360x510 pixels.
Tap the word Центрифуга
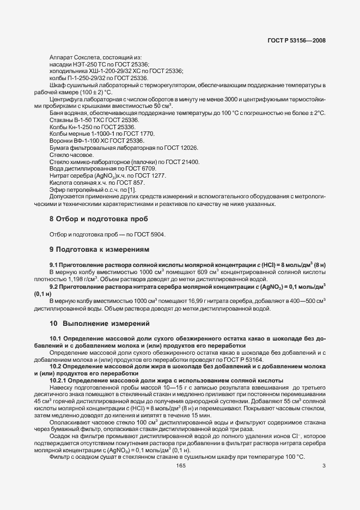(65, 99)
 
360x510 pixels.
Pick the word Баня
(57, 113)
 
